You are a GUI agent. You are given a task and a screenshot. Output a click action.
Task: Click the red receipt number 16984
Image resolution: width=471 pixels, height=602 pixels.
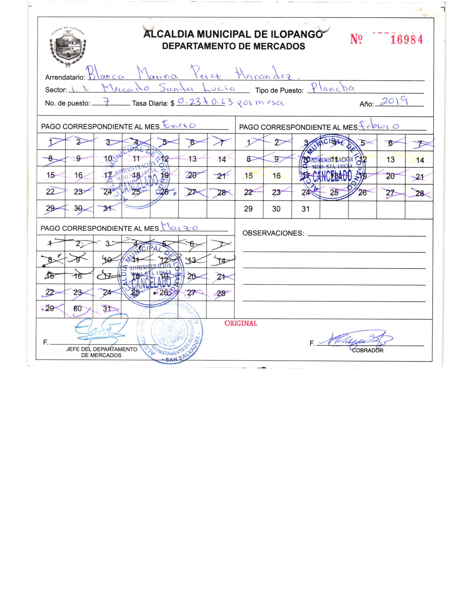click(x=406, y=40)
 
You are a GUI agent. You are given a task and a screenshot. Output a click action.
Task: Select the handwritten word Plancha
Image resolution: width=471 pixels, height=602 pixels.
click(x=332, y=88)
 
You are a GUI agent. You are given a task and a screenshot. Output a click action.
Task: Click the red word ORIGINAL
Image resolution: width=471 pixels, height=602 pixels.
click(x=241, y=323)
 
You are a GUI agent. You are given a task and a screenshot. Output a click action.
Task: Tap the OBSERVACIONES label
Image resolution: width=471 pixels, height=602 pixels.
click(x=273, y=233)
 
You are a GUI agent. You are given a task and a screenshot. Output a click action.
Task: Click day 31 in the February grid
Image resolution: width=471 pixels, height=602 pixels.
click(x=305, y=209)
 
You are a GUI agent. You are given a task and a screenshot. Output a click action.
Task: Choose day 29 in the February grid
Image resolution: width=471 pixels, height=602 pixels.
click(x=248, y=209)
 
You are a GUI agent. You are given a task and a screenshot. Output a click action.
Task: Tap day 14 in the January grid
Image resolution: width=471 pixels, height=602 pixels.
click(x=222, y=160)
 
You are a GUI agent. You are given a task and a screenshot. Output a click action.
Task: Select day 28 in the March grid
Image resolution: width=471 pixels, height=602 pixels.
click(x=221, y=293)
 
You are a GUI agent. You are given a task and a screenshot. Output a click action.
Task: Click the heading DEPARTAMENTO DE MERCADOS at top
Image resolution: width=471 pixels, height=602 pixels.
click(x=233, y=46)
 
